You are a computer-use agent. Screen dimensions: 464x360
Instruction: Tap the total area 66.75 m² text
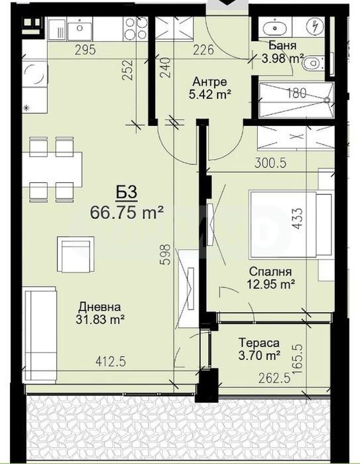127,213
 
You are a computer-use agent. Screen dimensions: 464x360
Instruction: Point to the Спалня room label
270,272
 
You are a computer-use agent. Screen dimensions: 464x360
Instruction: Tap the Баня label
282,46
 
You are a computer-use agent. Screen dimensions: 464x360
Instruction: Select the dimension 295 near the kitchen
86,50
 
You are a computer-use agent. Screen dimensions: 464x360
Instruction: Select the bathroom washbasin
274,29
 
